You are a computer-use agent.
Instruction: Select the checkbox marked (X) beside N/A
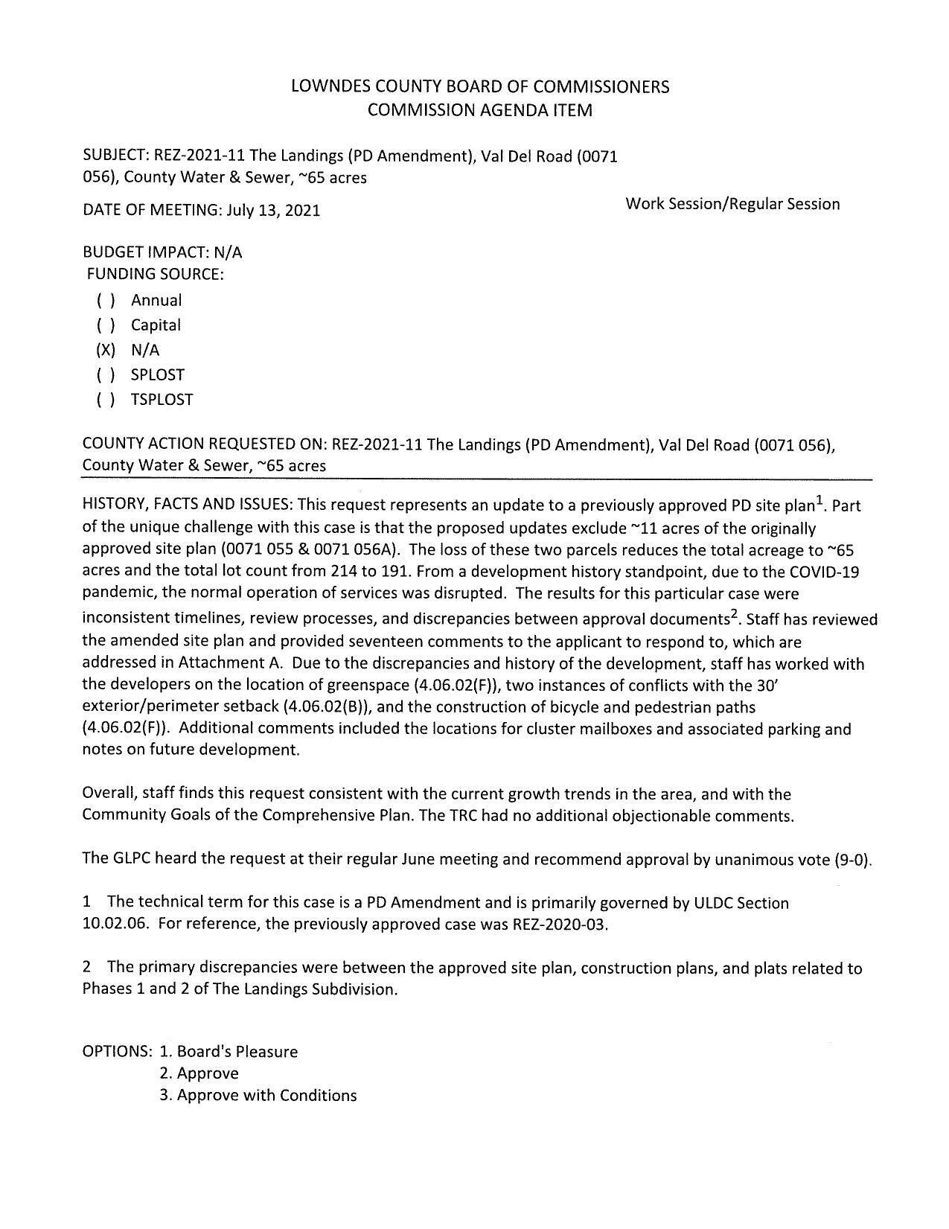pos(106,350)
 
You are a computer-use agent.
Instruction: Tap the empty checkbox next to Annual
pos(106,301)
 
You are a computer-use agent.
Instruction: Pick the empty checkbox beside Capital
pos(106,325)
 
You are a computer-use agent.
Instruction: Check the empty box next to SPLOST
pos(106,375)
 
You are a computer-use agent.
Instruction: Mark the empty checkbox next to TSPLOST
pos(106,400)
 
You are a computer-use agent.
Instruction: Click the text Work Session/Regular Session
pos(732,204)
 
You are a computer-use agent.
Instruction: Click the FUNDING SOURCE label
pos(155,274)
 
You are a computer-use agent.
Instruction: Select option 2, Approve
pos(199,1073)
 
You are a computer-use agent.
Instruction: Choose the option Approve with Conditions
pos(258,1096)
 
